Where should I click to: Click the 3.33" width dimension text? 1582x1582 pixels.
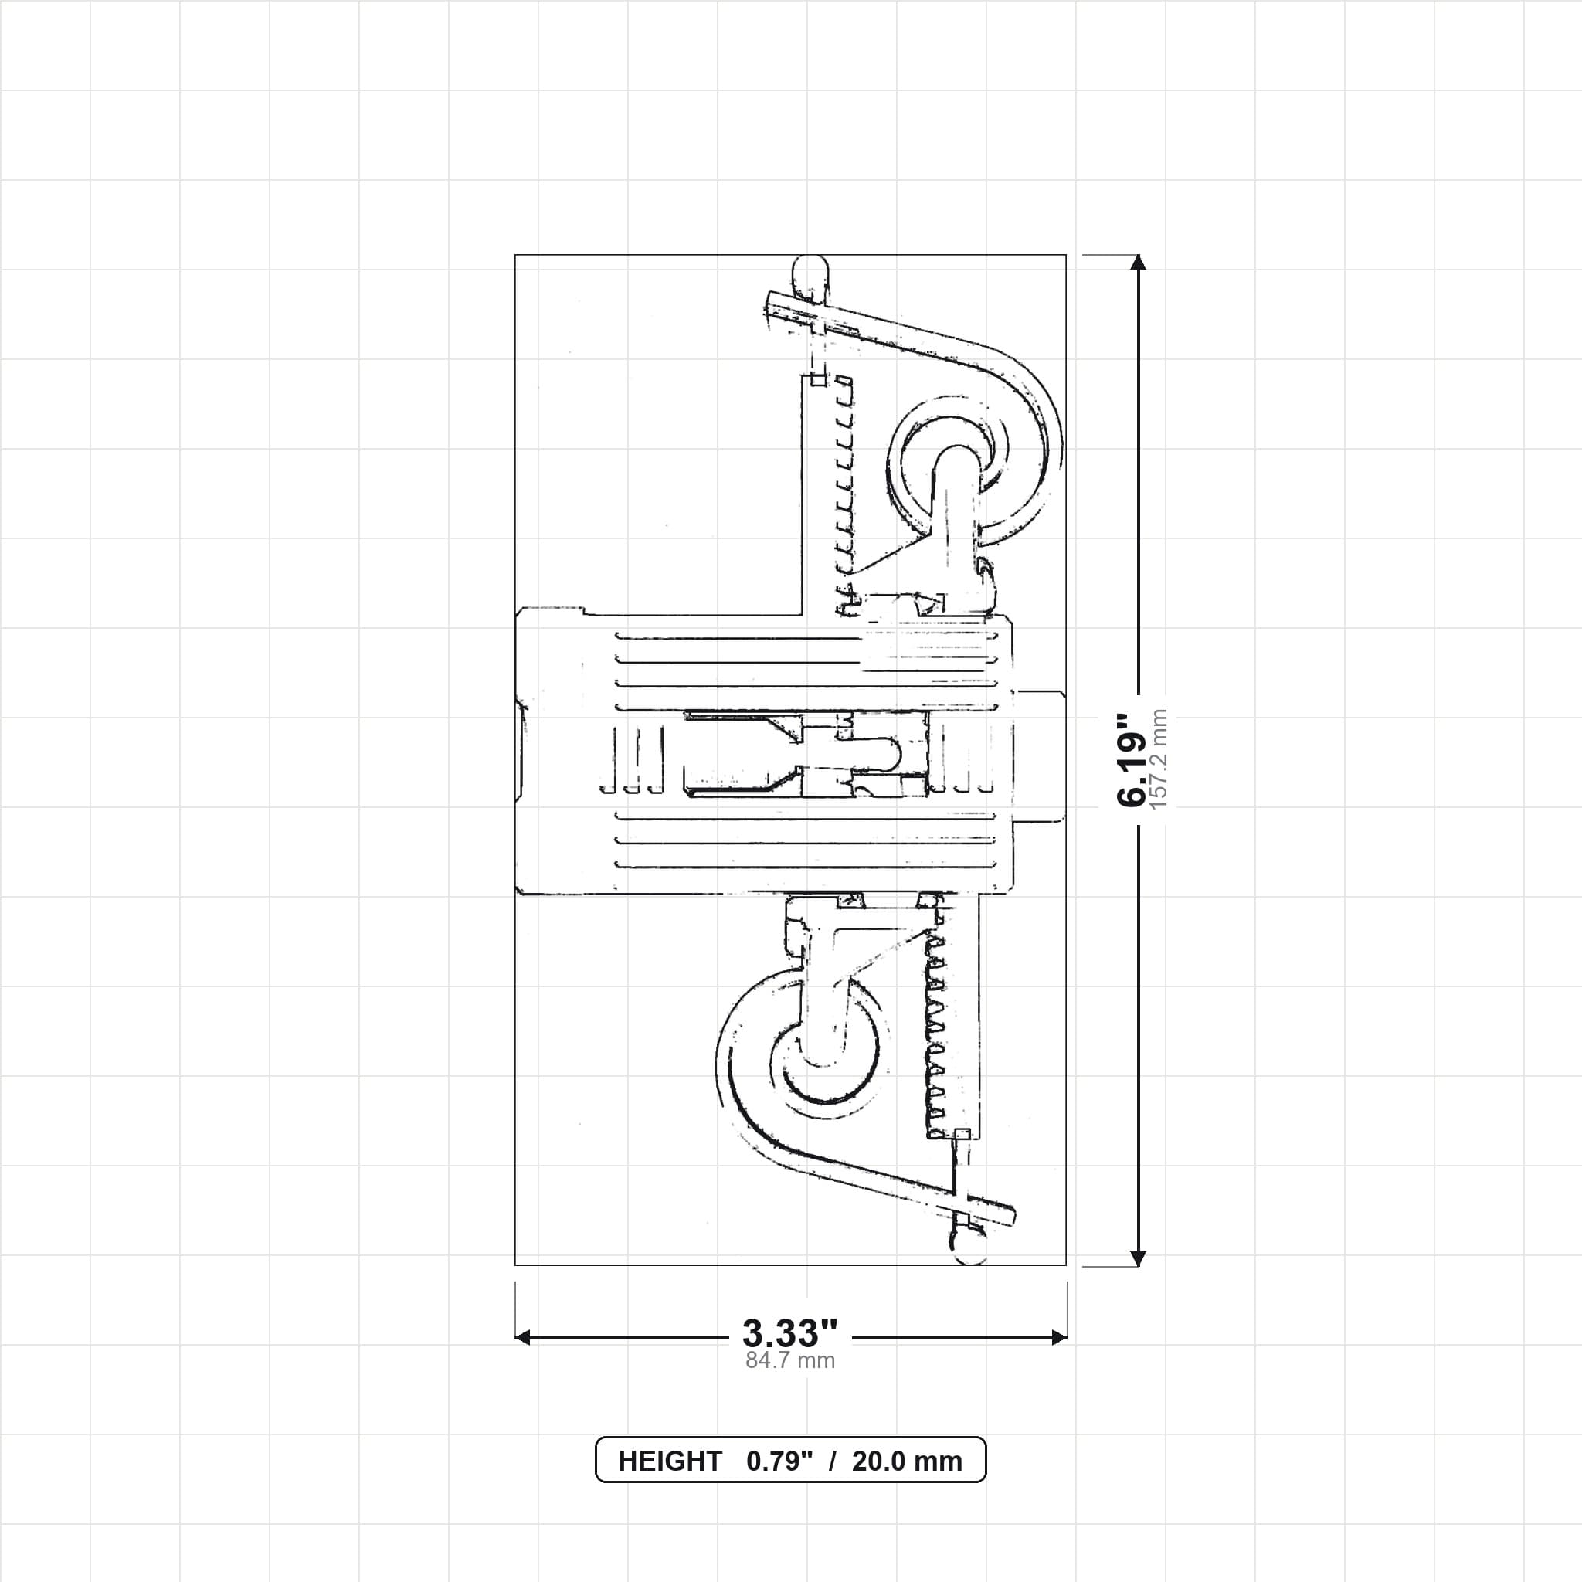pyautogui.click(x=790, y=1333)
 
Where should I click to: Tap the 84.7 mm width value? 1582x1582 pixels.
pyautogui.click(x=790, y=1361)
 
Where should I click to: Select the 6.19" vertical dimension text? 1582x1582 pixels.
pyautogui.click(x=1134, y=759)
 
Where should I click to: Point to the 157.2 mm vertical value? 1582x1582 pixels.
pyautogui.click(x=1159, y=759)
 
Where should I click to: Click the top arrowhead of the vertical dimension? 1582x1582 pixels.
pyautogui.click(x=1137, y=262)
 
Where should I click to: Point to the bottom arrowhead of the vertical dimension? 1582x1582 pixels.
pyautogui.click(x=1137, y=1258)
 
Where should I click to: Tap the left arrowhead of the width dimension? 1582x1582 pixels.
pyautogui.click(x=522, y=1338)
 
